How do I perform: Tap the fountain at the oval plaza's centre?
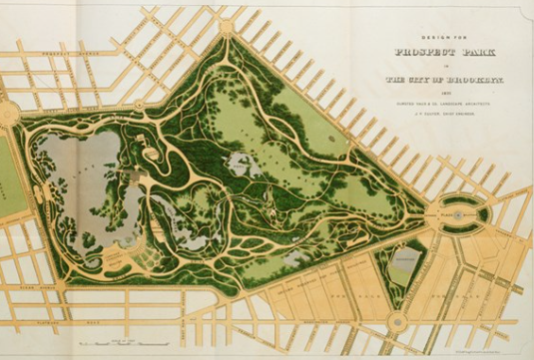tap(457, 213)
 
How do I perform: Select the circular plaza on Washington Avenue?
tap(398, 322)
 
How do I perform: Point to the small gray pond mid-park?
tap(240, 163)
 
